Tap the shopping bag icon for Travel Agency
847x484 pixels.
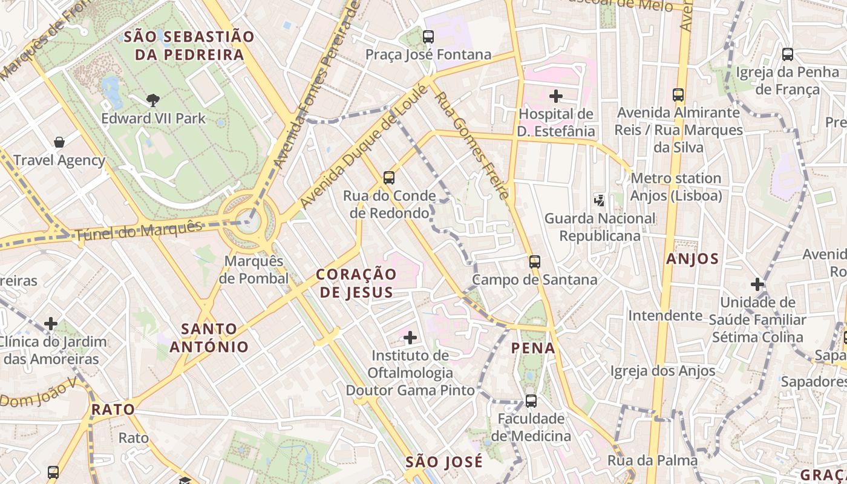59,142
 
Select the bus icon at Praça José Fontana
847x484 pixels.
428,36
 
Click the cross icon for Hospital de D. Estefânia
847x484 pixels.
555,96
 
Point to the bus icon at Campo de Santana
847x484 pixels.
534,261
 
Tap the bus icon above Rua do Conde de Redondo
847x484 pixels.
389,178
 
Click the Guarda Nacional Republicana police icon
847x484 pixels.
599,200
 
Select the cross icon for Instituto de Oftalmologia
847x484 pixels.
410,337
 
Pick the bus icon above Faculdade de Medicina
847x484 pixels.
531,401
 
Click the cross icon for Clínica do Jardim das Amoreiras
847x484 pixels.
51,324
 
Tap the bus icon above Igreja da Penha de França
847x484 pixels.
787,54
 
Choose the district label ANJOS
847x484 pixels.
692,260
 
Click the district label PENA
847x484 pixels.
533,348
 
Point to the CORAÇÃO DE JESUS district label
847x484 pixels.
356,283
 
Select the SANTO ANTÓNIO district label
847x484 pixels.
209,338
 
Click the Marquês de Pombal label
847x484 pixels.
253,270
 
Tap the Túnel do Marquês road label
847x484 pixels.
139,232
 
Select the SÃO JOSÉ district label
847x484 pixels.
444,462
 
